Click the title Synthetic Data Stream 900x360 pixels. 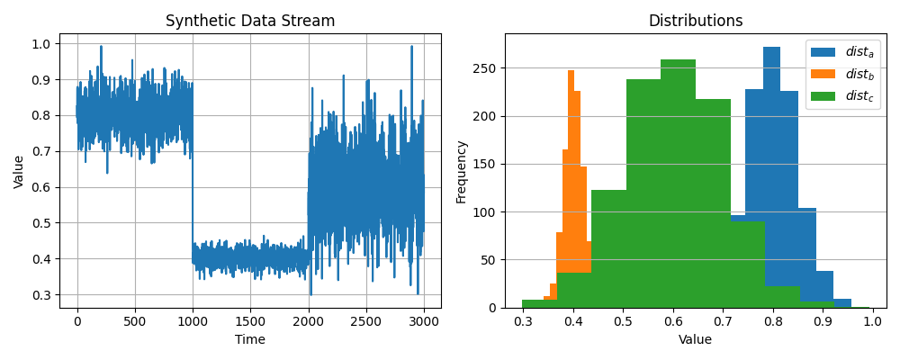coord(250,21)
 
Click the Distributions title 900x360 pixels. coord(696,21)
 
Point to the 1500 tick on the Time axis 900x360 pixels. coord(250,321)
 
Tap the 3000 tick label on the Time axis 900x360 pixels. coord(424,321)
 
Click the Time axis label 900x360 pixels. coord(250,339)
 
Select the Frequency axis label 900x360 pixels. coord(462,171)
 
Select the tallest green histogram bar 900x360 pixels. coord(678,180)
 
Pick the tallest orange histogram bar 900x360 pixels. coord(571,180)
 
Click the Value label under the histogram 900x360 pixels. coord(696,339)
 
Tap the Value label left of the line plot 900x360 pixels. coord(19,171)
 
